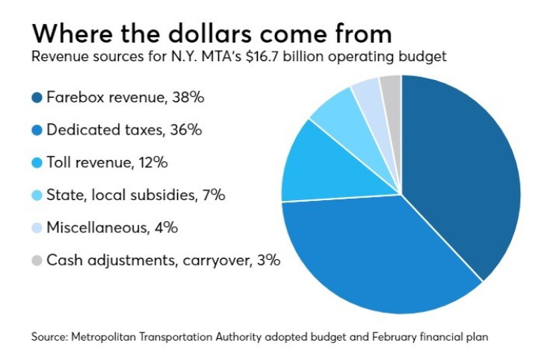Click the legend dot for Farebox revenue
click(x=37, y=97)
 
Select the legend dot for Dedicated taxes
click(x=37, y=130)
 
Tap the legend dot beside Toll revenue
click(x=37, y=163)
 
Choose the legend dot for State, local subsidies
click(x=37, y=196)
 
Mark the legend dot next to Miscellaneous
click(x=37, y=228)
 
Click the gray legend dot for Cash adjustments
click(x=37, y=261)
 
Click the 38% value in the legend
click(x=188, y=97)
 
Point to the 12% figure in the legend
click(x=153, y=163)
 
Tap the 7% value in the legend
click(x=214, y=196)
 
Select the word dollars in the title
click(x=209, y=34)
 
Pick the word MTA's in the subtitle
click(x=221, y=57)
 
